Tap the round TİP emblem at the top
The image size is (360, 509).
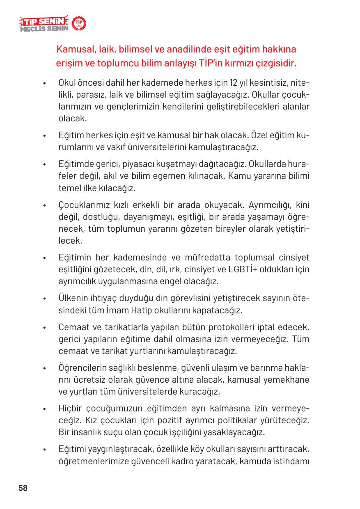coord(79,25)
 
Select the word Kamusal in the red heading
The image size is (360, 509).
coord(74,50)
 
